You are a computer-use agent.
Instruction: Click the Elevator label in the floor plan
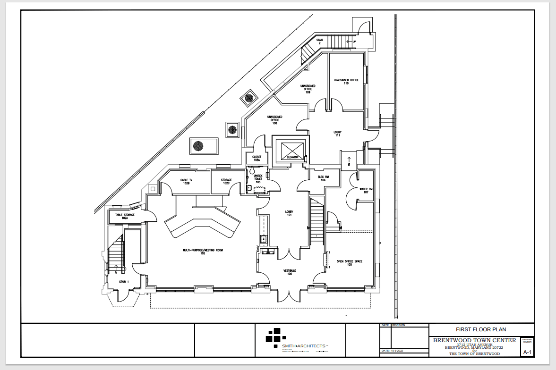point(290,157)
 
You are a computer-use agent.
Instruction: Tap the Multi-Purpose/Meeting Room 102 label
point(203,252)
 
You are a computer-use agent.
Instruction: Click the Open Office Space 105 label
point(349,263)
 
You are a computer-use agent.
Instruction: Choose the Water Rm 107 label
point(366,191)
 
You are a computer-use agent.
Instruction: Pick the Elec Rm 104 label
point(323,178)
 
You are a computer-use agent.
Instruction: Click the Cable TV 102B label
point(185,181)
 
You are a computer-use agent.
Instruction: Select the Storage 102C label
point(226,181)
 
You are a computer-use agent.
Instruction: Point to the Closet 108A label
point(257,158)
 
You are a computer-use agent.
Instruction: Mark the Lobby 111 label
point(337,134)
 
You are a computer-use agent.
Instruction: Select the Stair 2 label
point(319,42)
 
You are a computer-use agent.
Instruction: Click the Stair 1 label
point(124,282)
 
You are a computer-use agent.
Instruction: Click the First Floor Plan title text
point(481,329)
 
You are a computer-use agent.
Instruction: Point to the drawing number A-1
point(527,352)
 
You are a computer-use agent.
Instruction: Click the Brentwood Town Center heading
point(474,340)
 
